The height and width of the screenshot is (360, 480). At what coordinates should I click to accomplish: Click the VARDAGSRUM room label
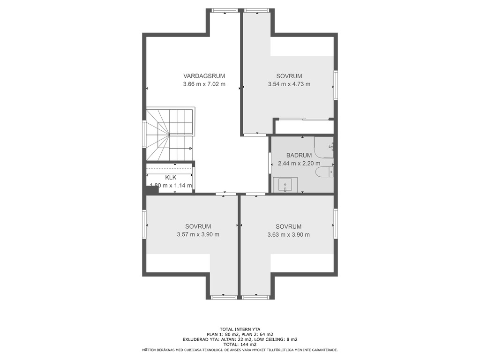(x=204, y=76)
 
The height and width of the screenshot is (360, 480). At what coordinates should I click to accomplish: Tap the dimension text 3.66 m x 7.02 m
(x=204, y=84)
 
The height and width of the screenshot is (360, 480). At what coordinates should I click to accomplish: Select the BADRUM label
(x=299, y=155)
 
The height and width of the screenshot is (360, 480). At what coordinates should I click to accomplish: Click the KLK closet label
(x=171, y=178)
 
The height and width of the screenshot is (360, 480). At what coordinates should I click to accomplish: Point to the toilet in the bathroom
(x=324, y=172)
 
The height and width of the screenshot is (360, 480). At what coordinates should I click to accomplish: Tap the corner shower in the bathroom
(x=324, y=147)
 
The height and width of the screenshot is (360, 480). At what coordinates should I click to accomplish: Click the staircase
(x=170, y=134)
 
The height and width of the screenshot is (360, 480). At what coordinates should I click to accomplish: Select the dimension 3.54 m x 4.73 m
(x=289, y=84)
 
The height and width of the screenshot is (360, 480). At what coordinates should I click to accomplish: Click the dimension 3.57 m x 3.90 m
(x=198, y=234)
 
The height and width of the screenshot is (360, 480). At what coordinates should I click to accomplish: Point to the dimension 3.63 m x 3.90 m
(x=288, y=234)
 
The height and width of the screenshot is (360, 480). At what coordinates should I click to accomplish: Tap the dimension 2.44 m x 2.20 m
(x=299, y=164)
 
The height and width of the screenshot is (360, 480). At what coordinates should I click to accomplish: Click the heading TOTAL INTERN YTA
(x=240, y=330)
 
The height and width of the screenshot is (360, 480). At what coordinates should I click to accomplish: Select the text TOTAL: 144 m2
(x=240, y=345)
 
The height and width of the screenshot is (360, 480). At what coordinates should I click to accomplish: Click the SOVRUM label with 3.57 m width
(x=198, y=226)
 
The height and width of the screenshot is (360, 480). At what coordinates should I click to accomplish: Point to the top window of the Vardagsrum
(x=225, y=10)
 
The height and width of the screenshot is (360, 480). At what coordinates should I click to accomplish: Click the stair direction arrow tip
(x=192, y=149)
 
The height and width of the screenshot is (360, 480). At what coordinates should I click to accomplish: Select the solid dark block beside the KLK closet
(x=152, y=190)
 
